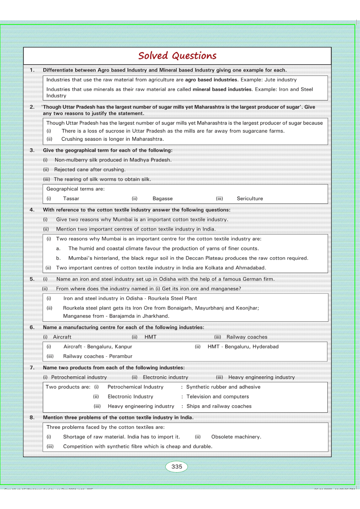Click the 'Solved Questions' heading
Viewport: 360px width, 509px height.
[177, 56]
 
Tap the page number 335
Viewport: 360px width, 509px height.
[177, 466]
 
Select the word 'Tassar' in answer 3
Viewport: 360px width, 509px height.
[71, 199]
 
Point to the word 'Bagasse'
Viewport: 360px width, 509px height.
[163, 199]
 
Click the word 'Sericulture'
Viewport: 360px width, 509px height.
[250, 199]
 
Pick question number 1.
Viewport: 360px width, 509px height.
[32, 70]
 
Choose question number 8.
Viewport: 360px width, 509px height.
[32, 417]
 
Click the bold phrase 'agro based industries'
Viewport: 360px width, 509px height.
[211, 80]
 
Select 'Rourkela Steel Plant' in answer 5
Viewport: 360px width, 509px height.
[172, 298]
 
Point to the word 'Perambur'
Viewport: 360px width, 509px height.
[121, 356]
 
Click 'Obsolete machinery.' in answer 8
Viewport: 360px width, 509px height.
[236, 437]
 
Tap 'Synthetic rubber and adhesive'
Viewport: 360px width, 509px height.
[223, 387]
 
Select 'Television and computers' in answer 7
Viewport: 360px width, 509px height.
[218, 397]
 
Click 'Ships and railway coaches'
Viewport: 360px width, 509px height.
[219, 406]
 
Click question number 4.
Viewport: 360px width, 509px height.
[32, 210]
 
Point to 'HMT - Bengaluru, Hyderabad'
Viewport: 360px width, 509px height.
[243, 347]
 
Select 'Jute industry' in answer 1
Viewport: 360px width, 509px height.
[281, 80]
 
